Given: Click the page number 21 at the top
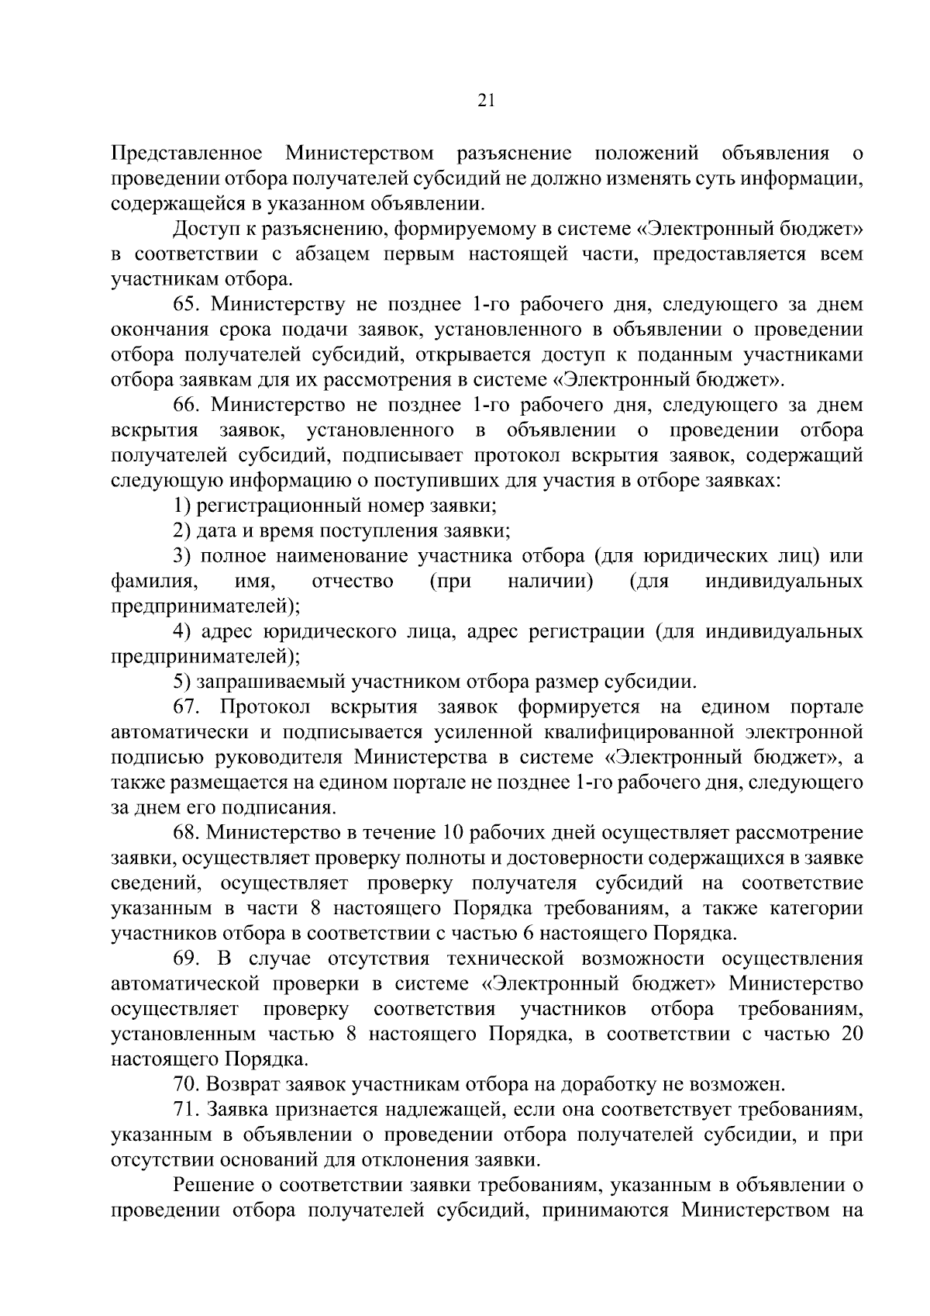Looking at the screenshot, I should pos(487,101).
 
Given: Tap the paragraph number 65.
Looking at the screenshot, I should pos(188,304).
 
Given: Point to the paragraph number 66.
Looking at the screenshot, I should pos(188,405).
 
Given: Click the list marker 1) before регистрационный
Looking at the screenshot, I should pos(181,506).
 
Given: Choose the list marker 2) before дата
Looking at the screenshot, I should pos(181,531).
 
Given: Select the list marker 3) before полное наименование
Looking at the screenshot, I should pos(181,556).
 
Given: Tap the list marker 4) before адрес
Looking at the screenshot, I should pos(181,632).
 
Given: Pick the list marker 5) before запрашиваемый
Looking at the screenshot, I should pos(181,682).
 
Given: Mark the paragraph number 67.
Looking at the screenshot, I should pos(188,707).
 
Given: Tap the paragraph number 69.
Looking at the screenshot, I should pos(188,959).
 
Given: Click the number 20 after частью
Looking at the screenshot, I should pos(851,1034).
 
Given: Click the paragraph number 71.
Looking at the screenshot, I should pos(187,1110).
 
